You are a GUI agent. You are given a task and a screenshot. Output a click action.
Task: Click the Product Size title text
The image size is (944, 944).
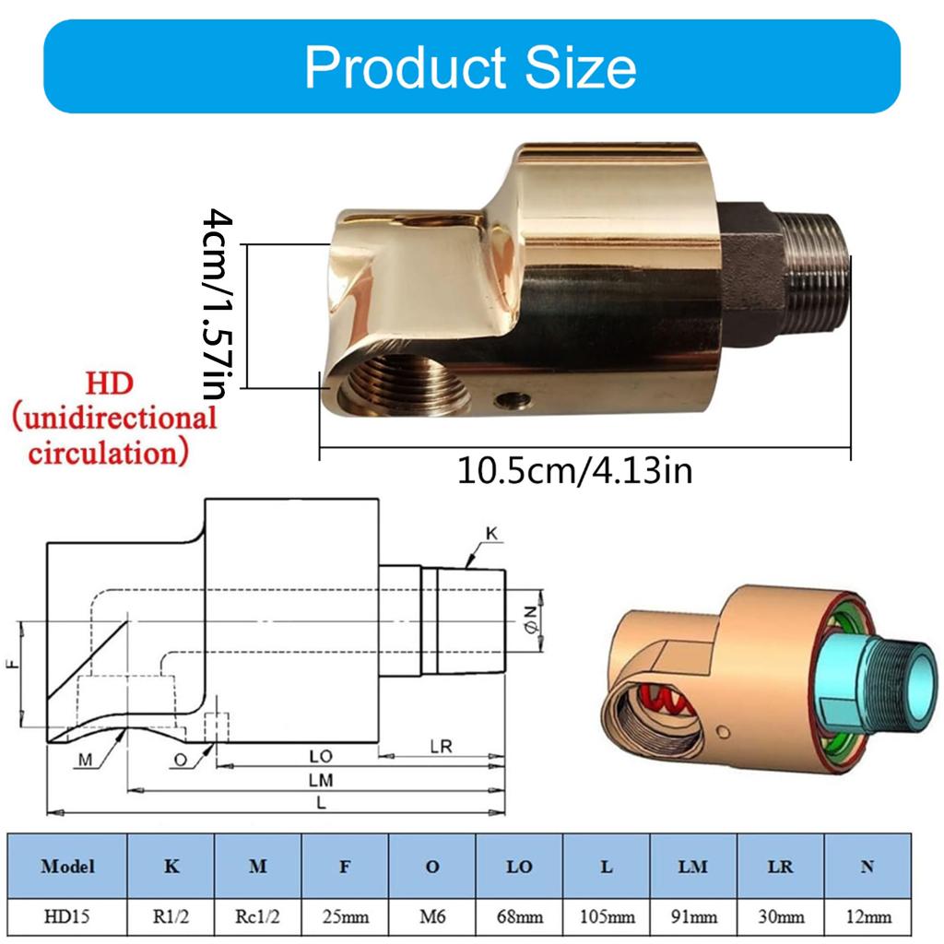(x=470, y=67)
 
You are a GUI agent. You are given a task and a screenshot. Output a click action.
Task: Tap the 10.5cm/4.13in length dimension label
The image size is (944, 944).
(x=575, y=471)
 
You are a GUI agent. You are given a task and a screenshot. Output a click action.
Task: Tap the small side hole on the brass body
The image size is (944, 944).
(x=512, y=399)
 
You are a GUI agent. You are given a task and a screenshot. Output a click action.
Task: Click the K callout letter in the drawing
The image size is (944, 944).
(x=491, y=534)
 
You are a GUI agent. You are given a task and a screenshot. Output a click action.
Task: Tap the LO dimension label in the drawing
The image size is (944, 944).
(x=320, y=755)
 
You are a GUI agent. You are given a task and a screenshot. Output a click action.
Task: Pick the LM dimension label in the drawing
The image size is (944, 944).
(x=320, y=779)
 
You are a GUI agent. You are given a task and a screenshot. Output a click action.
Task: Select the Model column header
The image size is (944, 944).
(x=67, y=867)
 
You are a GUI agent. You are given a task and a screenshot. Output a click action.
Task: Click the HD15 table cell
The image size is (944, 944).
(x=67, y=916)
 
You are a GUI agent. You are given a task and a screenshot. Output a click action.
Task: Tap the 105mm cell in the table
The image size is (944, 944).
(x=607, y=916)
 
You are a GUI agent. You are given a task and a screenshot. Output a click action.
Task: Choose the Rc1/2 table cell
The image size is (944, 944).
(x=258, y=916)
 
